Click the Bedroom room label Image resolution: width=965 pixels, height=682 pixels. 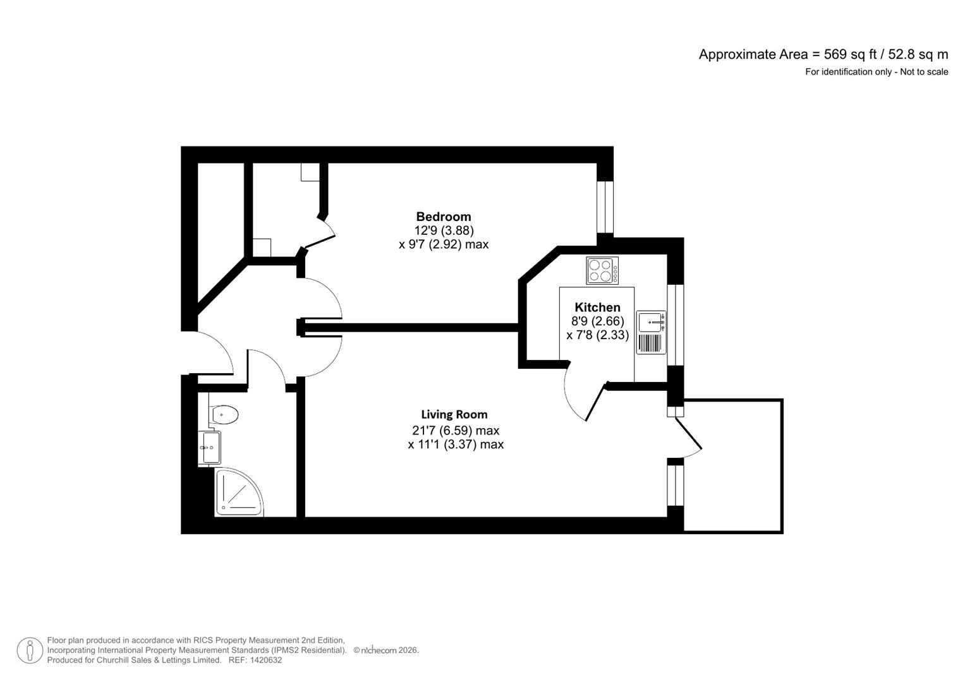coord(443,217)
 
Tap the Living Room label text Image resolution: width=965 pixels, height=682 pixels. coord(454,415)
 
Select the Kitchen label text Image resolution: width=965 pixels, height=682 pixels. coord(597,308)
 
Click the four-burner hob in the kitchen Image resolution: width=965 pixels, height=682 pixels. coord(602,270)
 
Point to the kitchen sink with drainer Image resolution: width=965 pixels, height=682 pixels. coord(651,332)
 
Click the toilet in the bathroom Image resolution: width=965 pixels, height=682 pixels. coord(224,415)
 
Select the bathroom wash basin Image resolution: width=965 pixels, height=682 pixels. coord(210,447)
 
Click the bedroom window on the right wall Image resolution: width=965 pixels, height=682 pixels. coord(605,207)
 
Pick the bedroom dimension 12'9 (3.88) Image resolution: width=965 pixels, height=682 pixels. coord(444,230)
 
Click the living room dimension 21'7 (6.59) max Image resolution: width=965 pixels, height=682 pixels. coord(455,431)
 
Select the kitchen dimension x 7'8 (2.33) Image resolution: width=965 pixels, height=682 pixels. coord(597,335)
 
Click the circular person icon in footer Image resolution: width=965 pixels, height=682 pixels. coord(30,650)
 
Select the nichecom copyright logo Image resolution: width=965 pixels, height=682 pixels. coord(378,650)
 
